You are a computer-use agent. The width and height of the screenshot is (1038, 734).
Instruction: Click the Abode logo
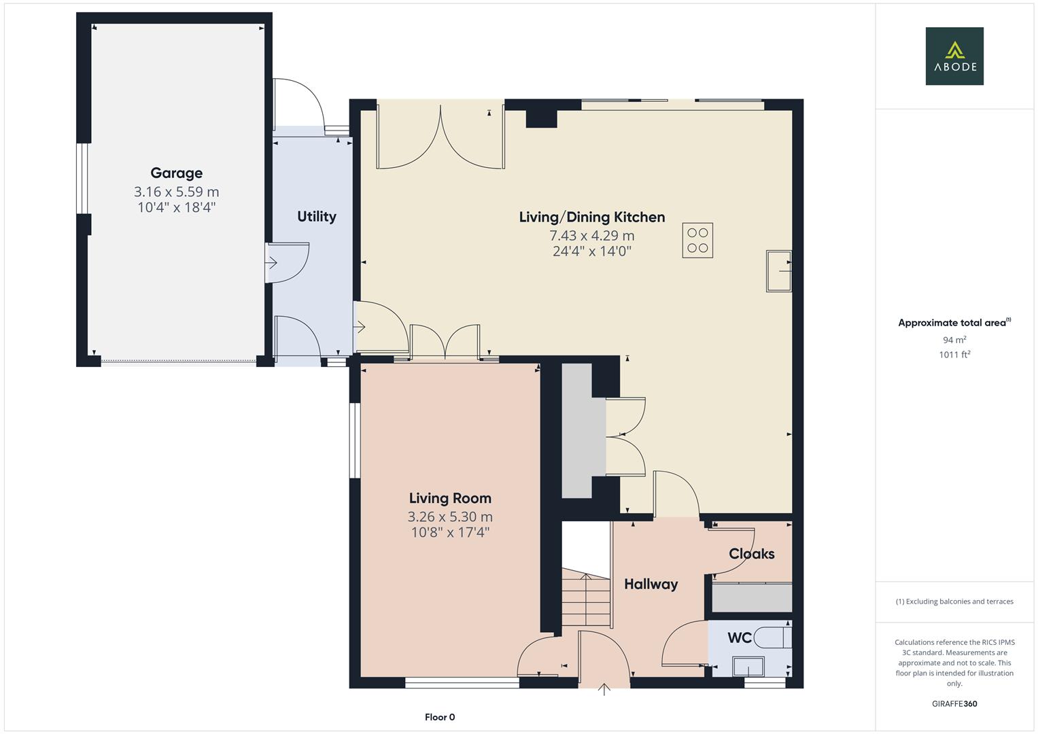coord(954,56)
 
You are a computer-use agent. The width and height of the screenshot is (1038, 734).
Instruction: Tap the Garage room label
coord(176,173)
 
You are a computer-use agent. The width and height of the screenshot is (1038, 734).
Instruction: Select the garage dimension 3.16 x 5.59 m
coord(176,192)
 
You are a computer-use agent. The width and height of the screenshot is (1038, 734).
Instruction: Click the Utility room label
coord(316,216)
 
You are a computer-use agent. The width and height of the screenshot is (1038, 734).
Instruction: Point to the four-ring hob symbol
coord(697,241)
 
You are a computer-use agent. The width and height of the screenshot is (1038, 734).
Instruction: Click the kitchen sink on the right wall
coord(779,271)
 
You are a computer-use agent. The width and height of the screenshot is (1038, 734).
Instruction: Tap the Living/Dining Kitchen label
coord(591,217)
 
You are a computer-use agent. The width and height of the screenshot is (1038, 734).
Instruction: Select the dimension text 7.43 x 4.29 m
coord(591,236)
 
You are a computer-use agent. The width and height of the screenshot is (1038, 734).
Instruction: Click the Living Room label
coord(449,498)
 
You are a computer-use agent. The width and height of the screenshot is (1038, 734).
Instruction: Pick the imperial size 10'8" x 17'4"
coord(449,532)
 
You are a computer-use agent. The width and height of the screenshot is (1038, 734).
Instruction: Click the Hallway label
coord(651,584)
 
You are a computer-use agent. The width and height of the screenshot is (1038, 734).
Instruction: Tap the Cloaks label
coord(751,554)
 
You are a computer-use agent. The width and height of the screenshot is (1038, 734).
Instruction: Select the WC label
coord(739,637)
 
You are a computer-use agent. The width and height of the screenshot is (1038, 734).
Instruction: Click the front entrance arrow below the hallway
coord(604,690)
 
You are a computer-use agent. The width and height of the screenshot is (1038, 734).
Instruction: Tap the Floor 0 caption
coord(440,717)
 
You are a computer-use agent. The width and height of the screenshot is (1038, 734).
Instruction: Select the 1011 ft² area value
coord(954,354)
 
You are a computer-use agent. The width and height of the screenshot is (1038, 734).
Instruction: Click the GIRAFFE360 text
coord(954,703)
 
